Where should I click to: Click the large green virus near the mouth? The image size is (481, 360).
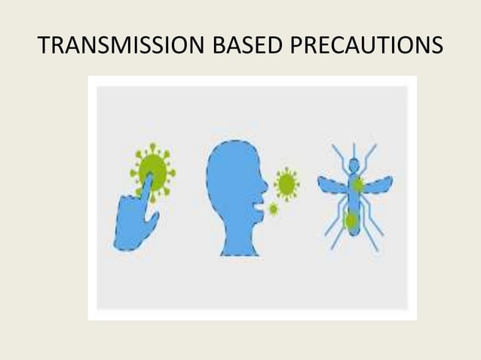point(286,183)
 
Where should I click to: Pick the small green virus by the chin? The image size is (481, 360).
point(273,209)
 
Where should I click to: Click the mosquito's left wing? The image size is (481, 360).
point(331,185)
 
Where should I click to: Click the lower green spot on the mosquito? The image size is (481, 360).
point(351,221)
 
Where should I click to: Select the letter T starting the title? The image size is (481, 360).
point(44,47)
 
